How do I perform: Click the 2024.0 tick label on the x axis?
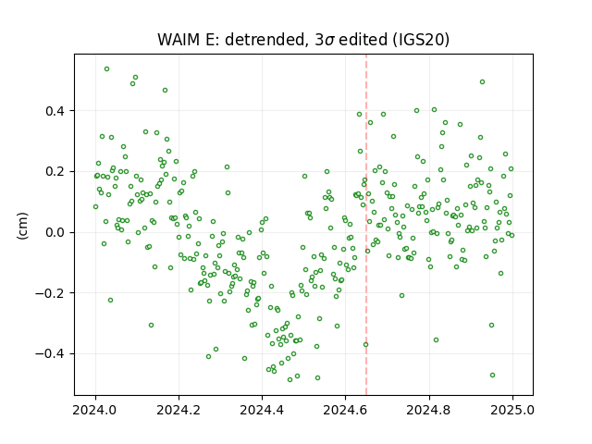pyautogui.click(x=95, y=410)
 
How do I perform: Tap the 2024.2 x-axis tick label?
pyautogui.click(x=179, y=410)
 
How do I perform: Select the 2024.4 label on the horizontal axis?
pyautogui.click(x=262, y=410)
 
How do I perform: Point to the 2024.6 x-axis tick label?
pyautogui.click(x=345, y=410)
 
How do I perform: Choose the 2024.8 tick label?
pyautogui.click(x=429, y=410)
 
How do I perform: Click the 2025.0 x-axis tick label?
pyautogui.click(x=512, y=410)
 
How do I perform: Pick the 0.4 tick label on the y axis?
pyautogui.click(x=55, y=111)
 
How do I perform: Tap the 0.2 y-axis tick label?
pyautogui.click(x=55, y=172)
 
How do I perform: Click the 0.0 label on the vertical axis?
pyautogui.click(x=55, y=232)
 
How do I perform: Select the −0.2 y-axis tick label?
pyautogui.click(x=50, y=293)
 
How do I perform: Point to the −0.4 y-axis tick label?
pyautogui.click(x=50, y=353)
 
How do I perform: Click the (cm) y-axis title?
pyautogui.click(x=22, y=226)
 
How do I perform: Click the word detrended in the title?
pyautogui.click(x=265, y=40)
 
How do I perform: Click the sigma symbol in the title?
pyautogui.click(x=329, y=41)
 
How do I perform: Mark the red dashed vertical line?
pyautogui.click(x=366, y=225)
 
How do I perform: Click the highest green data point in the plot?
pyautogui.click(x=107, y=69)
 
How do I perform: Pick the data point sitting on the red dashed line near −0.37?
pyautogui.click(x=365, y=345)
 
